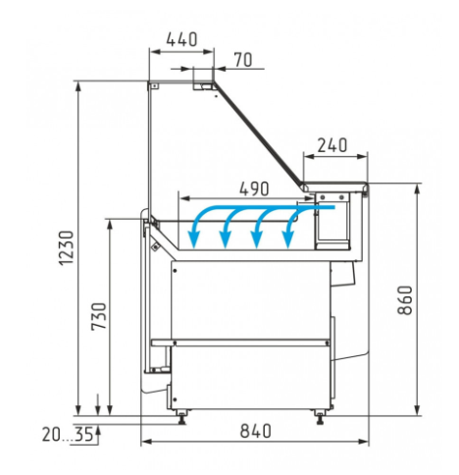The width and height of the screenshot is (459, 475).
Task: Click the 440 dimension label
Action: pyautogui.click(x=181, y=39)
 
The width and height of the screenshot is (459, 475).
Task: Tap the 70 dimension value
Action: pyautogui.click(x=243, y=60)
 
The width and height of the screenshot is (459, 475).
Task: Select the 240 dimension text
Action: pyautogui.click(x=332, y=145)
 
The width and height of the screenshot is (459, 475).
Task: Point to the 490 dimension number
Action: pyautogui.click(x=254, y=188)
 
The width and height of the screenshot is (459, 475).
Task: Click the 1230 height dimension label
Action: pyautogui.click(x=67, y=248)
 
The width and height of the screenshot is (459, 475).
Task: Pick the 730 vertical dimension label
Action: pyautogui.click(x=99, y=316)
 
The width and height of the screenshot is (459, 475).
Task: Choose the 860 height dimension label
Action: pyautogui.click(x=405, y=300)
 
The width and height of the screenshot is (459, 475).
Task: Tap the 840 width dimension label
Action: pyautogui.click(x=256, y=431)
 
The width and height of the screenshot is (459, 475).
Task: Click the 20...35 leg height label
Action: pyautogui.click(x=68, y=435)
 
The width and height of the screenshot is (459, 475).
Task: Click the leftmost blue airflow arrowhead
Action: pyautogui.click(x=194, y=240)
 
